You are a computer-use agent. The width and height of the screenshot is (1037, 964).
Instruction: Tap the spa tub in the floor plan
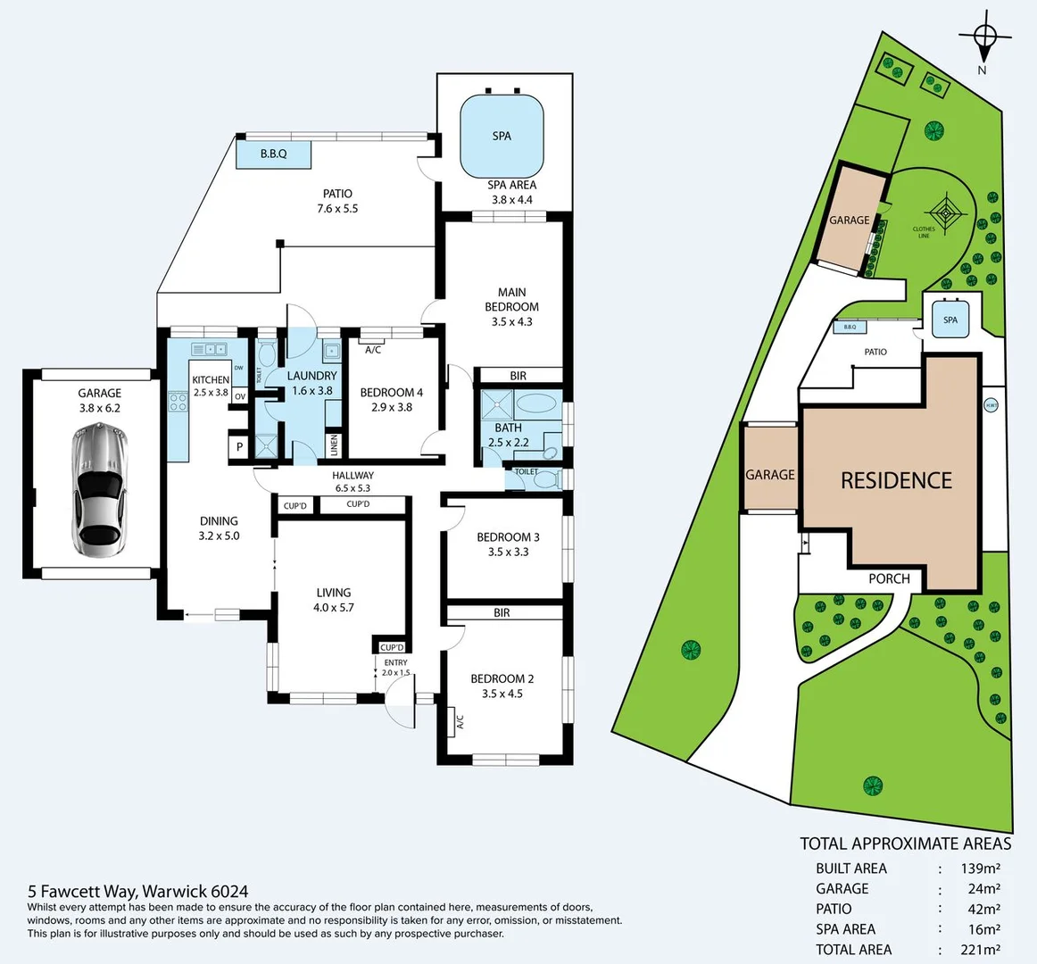(x=502, y=137)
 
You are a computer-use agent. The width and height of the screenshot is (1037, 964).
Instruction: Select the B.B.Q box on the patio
(x=274, y=154)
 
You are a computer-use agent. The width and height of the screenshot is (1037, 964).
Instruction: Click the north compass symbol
(x=984, y=37)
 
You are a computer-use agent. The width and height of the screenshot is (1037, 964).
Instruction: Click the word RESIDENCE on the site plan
(x=896, y=481)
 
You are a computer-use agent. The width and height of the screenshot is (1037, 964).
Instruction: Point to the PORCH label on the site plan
(x=889, y=578)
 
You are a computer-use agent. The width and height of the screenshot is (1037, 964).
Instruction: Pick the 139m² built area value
(x=980, y=868)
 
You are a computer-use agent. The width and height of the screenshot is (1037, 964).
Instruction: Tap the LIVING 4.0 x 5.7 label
(x=334, y=600)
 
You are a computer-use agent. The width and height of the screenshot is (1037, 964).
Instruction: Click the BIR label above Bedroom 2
(x=502, y=613)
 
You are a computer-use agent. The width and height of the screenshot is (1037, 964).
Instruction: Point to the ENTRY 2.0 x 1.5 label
(x=395, y=667)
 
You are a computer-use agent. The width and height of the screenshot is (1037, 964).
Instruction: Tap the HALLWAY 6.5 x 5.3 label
(x=353, y=481)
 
